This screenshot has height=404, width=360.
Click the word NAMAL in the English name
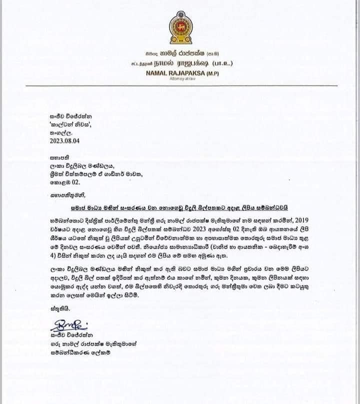159,73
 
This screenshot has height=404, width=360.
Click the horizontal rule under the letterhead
181,86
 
